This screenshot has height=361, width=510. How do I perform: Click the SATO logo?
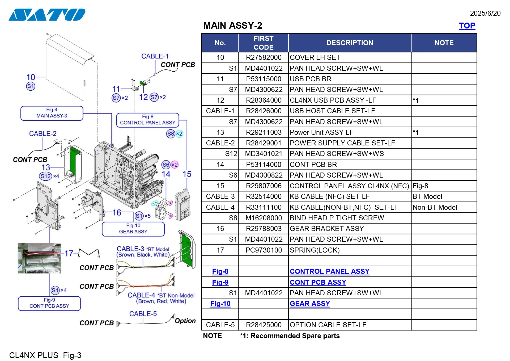[47, 15]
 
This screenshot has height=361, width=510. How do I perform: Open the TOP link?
[467, 26]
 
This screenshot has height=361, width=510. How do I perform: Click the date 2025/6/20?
[485, 13]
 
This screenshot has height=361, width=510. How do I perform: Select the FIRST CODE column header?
[263, 43]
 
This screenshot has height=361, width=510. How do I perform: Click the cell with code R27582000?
[263, 57]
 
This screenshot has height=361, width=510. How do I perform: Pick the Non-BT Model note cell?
[435, 207]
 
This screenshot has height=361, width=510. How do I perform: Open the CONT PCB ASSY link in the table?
[318, 282]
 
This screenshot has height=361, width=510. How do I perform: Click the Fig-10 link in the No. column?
[220, 304]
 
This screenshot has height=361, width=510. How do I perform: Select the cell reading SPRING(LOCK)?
[314, 250]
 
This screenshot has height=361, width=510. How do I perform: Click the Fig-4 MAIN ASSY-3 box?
[52, 113]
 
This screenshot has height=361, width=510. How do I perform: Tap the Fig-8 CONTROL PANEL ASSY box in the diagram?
[147, 120]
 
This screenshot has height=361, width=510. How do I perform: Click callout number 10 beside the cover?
[31, 77]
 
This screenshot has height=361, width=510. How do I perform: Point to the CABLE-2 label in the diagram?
[43, 133]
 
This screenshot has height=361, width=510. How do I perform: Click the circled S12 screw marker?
[45, 176]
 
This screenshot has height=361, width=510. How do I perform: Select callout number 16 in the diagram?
[117, 212]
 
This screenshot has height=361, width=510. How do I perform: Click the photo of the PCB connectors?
[39, 258]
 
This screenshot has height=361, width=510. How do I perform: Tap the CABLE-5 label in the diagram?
[143, 314]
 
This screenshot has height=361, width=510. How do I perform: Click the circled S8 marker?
[171, 134]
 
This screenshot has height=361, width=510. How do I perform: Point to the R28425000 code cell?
[263, 325]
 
